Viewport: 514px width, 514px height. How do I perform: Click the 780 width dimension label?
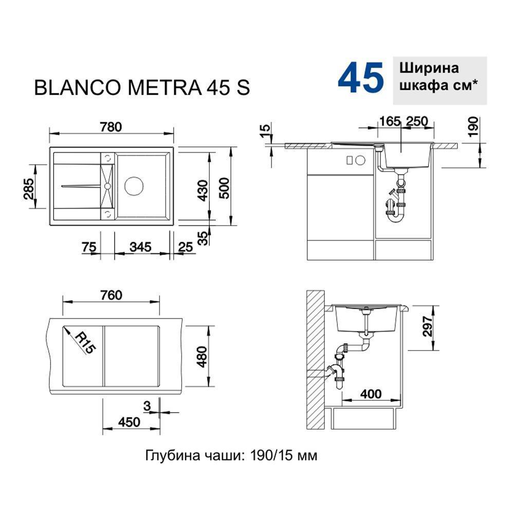click(111, 127)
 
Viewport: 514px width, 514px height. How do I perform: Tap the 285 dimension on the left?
click(29, 189)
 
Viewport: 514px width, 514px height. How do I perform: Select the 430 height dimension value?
click(203, 191)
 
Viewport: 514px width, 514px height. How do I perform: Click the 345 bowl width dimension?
click(140, 247)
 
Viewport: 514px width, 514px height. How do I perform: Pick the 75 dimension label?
click(89, 247)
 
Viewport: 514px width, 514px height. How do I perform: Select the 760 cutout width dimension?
click(112, 296)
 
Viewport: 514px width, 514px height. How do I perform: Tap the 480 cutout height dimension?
click(203, 357)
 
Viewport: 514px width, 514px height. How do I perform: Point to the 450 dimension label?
click(130, 422)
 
